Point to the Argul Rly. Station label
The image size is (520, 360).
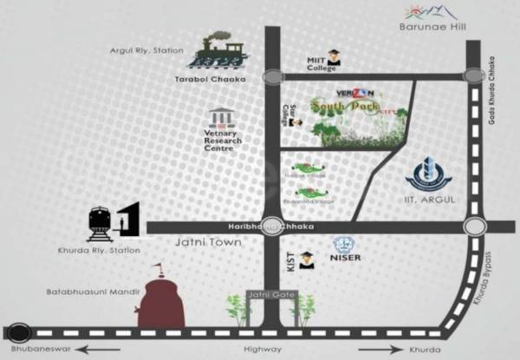(146, 51)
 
